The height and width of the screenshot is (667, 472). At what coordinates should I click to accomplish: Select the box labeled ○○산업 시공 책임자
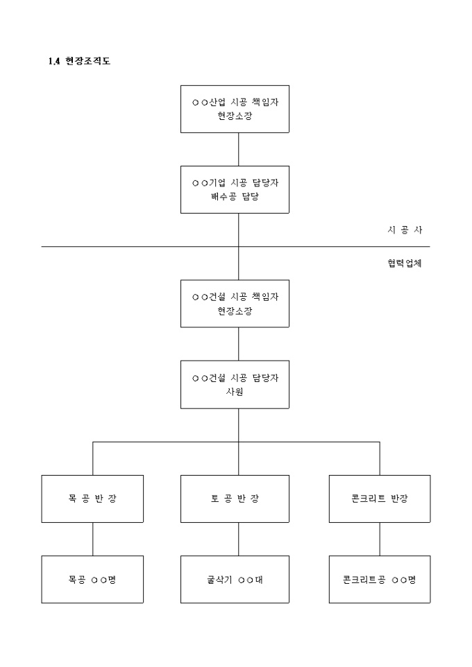point(235,109)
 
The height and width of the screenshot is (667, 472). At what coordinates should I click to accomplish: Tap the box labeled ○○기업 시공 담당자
point(235,189)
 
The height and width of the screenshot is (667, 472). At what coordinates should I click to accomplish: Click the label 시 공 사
point(405,230)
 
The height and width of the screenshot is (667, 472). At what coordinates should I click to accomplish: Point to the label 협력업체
point(405,263)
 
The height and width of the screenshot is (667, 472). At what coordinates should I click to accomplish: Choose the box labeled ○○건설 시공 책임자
point(235,303)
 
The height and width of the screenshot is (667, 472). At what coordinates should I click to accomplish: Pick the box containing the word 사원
point(235,384)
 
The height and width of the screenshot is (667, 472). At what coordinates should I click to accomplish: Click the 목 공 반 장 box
point(92,499)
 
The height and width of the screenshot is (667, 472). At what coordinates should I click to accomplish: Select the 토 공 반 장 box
point(235,499)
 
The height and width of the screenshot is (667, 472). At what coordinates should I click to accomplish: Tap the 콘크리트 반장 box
point(379,499)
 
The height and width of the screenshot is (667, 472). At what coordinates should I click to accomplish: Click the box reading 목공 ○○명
point(92,579)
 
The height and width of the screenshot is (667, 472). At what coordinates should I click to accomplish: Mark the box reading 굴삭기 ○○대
point(235,579)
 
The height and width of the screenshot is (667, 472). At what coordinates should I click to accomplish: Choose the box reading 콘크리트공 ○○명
point(379,579)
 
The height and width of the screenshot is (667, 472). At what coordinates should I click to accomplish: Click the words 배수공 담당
point(235,196)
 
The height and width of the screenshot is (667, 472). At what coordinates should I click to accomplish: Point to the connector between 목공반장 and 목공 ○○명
point(92,539)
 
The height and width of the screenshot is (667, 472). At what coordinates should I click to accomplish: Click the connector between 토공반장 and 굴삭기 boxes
point(239,539)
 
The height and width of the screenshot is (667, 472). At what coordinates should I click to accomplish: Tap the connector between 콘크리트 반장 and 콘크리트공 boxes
point(379,539)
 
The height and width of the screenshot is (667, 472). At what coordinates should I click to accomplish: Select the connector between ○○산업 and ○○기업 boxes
point(239,149)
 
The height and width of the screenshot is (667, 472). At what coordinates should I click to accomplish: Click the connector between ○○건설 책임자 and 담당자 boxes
point(239,343)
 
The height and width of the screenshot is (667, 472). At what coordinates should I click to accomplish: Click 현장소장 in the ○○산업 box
point(235,116)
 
